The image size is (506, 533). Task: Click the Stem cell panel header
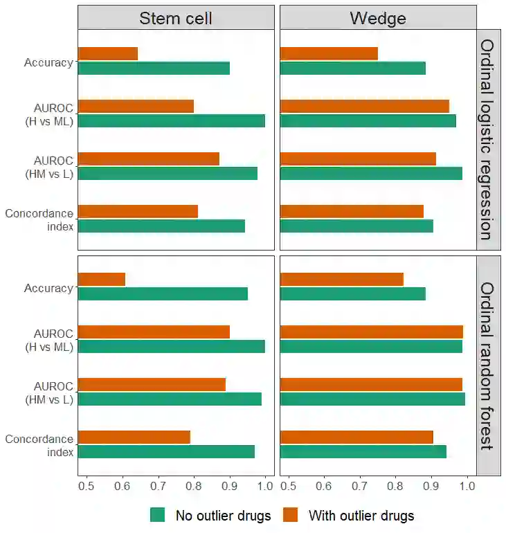(176, 17)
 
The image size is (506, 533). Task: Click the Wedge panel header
(378, 17)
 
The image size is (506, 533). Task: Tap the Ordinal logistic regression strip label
(488, 139)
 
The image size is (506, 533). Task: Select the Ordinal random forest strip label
(488, 365)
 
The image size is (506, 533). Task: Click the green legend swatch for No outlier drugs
(158, 515)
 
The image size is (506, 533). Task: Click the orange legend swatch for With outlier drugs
(291, 515)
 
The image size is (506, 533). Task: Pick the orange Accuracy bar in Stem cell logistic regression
(108, 53)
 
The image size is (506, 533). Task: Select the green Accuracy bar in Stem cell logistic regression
(154, 68)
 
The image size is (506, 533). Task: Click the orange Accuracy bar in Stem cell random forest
(102, 279)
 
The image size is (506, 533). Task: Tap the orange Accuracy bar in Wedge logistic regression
(329, 53)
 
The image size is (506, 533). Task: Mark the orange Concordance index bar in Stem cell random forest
(134, 437)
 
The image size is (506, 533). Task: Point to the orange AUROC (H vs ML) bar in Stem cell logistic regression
(136, 106)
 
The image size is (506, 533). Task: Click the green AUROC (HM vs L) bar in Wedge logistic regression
(371, 173)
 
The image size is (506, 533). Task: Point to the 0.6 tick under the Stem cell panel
(122, 487)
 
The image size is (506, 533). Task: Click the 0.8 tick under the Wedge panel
(395, 487)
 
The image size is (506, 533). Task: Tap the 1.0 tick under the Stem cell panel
(265, 487)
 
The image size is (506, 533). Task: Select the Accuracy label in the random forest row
(48, 288)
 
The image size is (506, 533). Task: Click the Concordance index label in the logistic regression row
(39, 219)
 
